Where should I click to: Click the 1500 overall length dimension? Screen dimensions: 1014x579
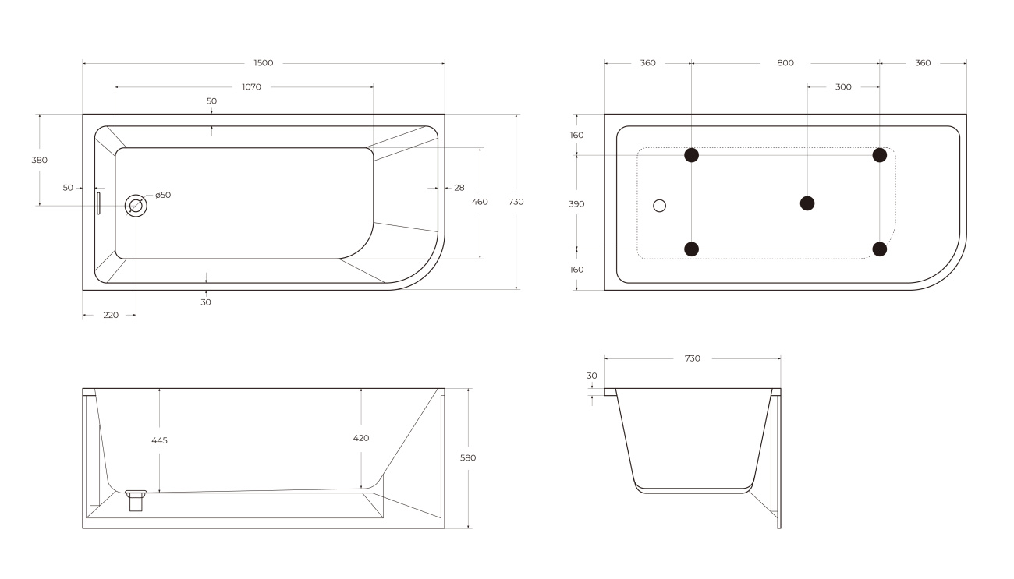point(264,63)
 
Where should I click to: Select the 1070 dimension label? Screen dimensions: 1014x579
point(251,86)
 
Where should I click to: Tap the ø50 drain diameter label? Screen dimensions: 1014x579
point(163,195)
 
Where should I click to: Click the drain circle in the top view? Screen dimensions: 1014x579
point(136,206)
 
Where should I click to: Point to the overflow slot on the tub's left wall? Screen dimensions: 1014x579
point(98,203)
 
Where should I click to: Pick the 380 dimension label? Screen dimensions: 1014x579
point(39,160)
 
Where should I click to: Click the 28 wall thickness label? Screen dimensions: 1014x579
point(459,188)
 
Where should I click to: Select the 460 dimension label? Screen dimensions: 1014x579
point(480,202)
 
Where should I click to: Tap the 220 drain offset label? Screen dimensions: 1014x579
point(111,315)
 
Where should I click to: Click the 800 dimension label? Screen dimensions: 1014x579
point(785,63)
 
